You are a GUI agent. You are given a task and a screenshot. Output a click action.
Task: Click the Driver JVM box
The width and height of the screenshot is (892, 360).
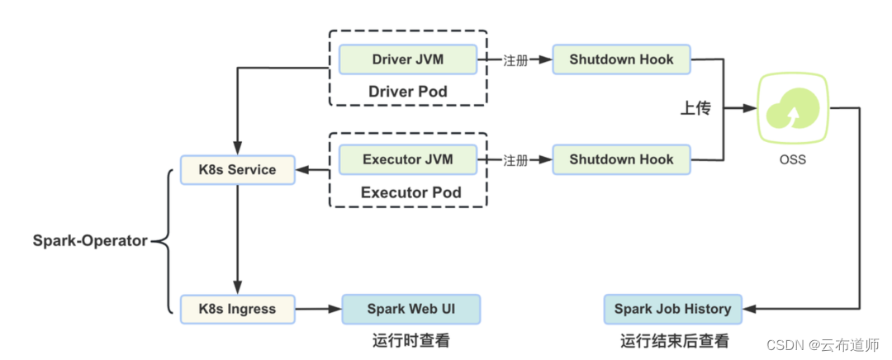[408, 59]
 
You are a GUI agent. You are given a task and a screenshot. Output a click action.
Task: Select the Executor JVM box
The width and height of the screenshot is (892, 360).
[408, 159]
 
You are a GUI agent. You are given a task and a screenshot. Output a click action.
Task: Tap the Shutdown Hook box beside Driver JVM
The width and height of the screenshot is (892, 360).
[621, 59]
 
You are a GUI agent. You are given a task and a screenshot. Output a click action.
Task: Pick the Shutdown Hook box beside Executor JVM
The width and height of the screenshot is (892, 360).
[621, 159]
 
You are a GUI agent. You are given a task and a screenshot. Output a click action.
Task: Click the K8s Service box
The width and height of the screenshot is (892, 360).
[237, 170]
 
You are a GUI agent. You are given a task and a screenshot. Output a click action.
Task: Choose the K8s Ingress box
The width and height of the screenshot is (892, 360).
[237, 309]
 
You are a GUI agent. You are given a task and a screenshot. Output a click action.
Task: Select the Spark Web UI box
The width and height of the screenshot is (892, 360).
[410, 309]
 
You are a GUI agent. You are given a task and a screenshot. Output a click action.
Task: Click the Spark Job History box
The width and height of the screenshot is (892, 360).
[672, 309]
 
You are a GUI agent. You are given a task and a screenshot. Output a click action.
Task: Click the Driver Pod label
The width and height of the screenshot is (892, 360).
[408, 91]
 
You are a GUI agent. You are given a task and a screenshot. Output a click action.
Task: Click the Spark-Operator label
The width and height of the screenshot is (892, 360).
[90, 241]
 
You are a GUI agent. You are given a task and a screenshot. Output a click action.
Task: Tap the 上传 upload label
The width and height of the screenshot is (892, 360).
[695, 109]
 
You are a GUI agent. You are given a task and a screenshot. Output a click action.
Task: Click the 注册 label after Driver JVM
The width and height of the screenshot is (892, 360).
[515, 60]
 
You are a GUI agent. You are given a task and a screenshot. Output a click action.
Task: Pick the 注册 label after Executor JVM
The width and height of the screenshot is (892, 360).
[515, 160]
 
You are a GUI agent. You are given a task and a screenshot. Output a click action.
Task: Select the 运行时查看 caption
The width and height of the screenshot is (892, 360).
[410, 340]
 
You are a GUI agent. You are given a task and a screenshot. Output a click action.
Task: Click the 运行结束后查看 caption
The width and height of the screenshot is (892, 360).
[675, 340]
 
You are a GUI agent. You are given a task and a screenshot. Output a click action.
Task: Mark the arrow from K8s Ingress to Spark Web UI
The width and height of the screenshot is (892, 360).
[318, 310]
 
